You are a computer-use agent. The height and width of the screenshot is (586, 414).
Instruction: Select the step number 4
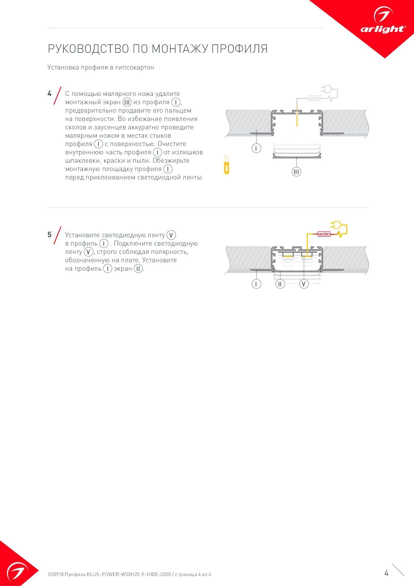(x=49, y=94)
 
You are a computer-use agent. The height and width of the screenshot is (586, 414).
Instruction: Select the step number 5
(x=49, y=235)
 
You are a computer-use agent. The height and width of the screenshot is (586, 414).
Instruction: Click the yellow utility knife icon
(x=227, y=165)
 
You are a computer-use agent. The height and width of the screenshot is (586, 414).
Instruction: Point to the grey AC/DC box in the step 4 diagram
(x=314, y=99)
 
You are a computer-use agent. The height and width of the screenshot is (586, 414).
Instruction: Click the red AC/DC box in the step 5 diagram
(x=324, y=234)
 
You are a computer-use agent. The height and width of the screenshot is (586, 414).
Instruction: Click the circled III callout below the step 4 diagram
(x=296, y=172)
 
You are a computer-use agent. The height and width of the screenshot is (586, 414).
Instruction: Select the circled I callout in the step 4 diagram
(x=256, y=148)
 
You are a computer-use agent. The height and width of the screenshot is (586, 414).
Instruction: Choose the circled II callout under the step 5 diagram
(x=280, y=284)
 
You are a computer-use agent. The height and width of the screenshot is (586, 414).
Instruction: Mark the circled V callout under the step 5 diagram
(x=304, y=284)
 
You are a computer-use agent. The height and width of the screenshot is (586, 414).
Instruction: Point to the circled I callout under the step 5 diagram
(x=256, y=284)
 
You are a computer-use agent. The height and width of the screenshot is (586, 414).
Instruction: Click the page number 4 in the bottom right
(x=386, y=573)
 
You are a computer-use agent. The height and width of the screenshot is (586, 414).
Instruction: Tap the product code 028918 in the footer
(x=55, y=575)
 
